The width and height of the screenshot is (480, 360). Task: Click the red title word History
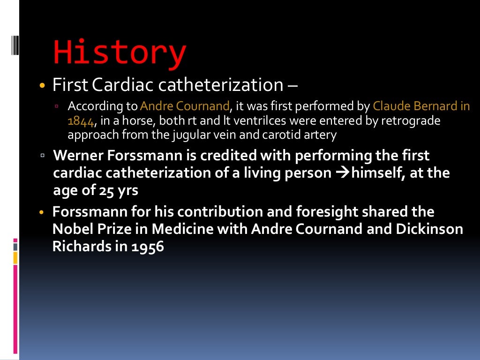point(120,53)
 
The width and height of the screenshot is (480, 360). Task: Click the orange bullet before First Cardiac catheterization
point(43,86)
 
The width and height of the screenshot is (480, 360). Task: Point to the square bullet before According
point(57,106)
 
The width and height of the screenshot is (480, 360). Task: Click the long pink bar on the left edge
point(15,309)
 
